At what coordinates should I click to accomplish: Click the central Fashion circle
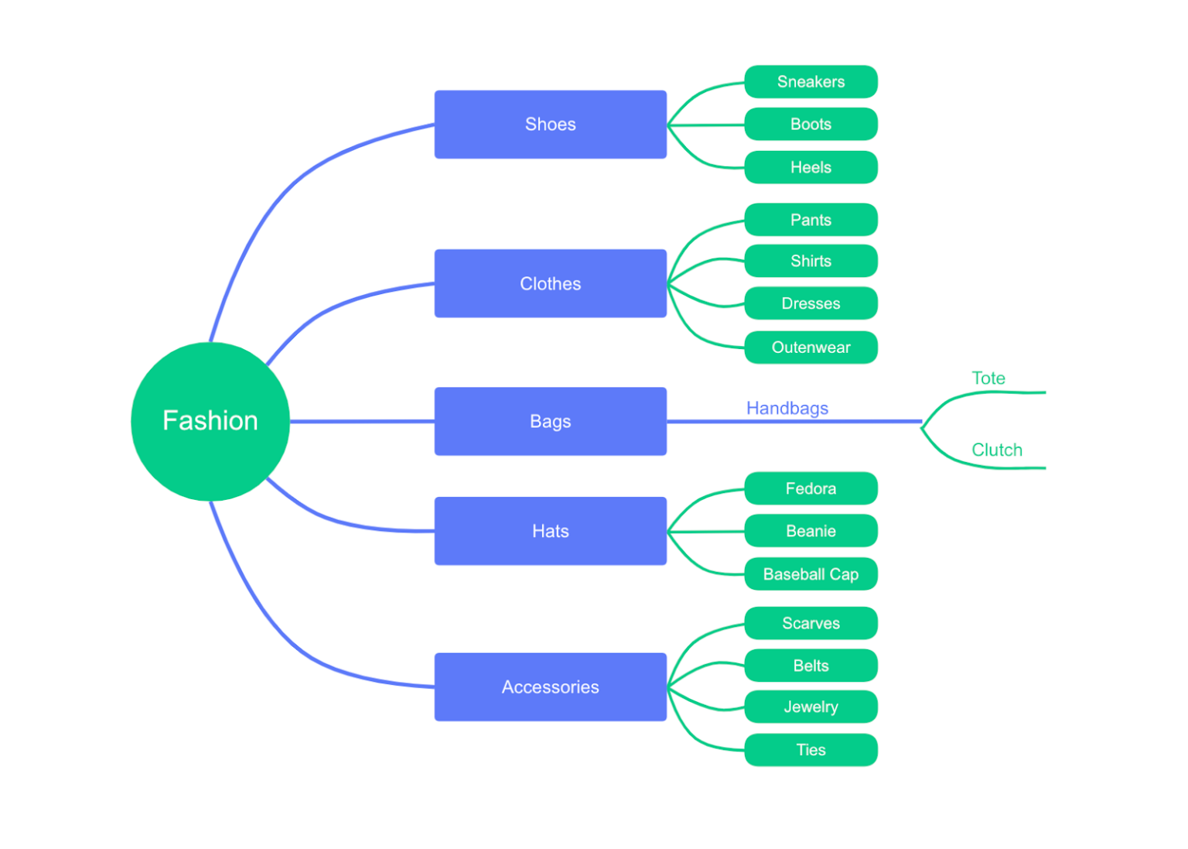tap(210, 421)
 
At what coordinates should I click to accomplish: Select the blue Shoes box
tap(550, 125)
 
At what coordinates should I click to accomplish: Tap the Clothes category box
tap(550, 283)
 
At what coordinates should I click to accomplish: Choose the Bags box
tap(550, 421)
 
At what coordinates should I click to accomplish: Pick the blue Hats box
tap(550, 531)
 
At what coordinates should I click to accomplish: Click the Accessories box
tap(550, 687)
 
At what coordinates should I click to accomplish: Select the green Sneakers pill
tap(811, 82)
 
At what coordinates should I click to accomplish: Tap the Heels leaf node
tap(811, 167)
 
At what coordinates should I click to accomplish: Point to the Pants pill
tap(811, 220)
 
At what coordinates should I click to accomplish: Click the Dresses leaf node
tap(811, 303)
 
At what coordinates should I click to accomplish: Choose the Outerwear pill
tap(811, 347)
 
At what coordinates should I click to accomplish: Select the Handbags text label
tap(787, 408)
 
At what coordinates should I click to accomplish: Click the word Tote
tap(988, 378)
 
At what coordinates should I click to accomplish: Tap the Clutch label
tap(996, 450)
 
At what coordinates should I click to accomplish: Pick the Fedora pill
tap(811, 488)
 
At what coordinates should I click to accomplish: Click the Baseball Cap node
tap(811, 574)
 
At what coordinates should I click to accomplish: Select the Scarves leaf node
tap(811, 623)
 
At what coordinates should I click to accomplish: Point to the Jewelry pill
tap(811, 707)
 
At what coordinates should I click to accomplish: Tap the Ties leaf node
tap(811, 750)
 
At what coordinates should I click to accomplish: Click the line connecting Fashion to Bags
tap(362, 421)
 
